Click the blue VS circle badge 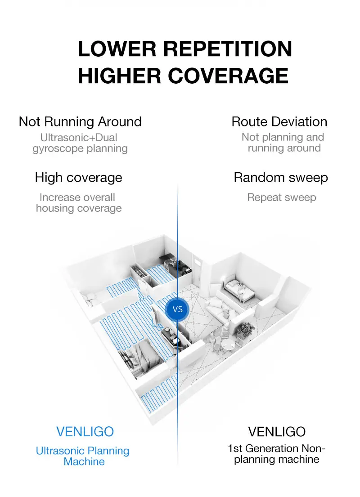click(177, 309)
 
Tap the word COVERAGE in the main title click(228, 76)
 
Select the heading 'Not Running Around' click(80, 122)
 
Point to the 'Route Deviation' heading click(279, 122)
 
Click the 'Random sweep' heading click(281, 178)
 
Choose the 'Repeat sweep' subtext click(282, 197)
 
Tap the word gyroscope click(58, 149)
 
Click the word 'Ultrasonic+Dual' click(79, 138)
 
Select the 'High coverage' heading click(79, 178)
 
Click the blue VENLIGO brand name click(85, 432)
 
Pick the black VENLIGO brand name click(277, 432)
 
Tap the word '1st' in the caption click(235, 448)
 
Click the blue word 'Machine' click(84, 461)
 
